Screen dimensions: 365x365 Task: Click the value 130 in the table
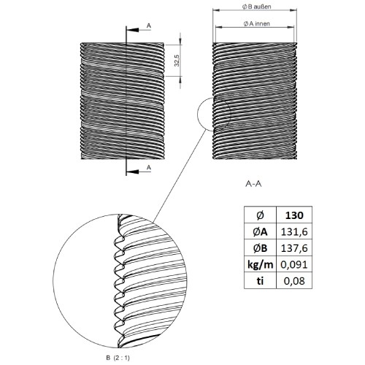[294, 215]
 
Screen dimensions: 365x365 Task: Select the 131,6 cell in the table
[294, 232]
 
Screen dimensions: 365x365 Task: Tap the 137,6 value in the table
[294, 248]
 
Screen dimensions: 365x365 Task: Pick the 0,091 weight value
[294, 264]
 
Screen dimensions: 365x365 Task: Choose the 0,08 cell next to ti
[294, 281]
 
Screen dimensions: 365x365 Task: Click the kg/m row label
[260, 265]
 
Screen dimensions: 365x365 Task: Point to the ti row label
[260, 281]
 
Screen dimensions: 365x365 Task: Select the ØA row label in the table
[260, 232]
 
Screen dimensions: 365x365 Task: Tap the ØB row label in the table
[260, 248]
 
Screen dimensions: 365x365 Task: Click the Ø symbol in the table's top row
[260, 215]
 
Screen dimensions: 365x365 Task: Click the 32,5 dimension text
[177, 60]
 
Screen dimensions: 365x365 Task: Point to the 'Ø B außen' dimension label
[256, 7]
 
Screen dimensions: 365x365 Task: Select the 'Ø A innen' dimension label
[256, 23]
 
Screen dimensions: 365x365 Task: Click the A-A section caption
[253, 184]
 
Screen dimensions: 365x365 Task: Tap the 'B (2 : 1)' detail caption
[118, 358]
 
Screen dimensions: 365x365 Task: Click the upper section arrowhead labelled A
[132, 30]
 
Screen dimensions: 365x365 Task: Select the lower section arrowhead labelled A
[132, 172]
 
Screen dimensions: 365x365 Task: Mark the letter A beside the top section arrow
[149, 26]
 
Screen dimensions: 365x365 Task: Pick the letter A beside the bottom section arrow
[149, 167]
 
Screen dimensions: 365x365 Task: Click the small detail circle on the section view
[197, 114]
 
